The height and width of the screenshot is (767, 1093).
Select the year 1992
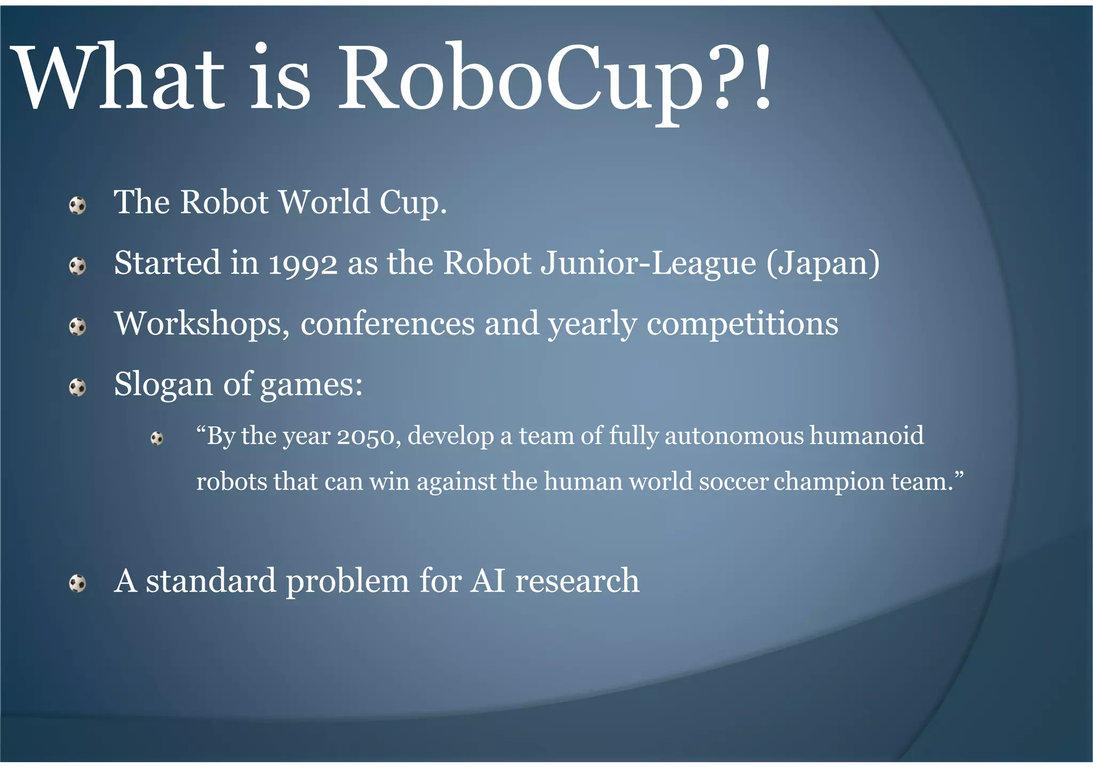point(303,264)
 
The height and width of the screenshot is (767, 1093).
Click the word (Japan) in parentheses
point(823,264)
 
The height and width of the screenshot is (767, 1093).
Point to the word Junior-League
point(648,264)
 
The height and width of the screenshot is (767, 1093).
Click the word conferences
point(387,324)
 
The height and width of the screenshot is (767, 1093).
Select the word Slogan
point(163,384)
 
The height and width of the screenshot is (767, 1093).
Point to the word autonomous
point(734,436)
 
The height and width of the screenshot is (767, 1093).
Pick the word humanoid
point(867,436)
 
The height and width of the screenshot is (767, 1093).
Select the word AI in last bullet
point(488,581)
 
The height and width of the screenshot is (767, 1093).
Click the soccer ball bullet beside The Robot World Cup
point(78,205)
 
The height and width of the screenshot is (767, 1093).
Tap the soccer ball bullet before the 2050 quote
point(157,438)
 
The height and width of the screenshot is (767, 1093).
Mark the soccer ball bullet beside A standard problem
point(78,583)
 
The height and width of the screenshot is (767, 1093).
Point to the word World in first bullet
point(324,203)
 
